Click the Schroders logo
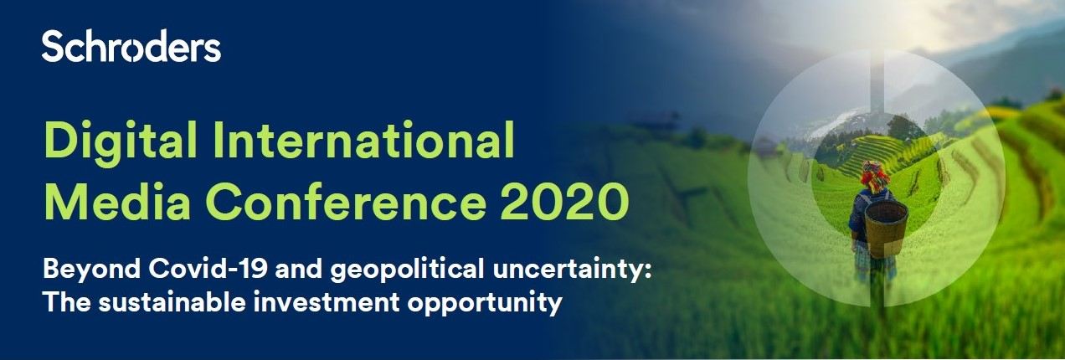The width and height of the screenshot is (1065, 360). click(131, 46)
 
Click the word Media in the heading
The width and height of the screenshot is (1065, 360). click(117, 202)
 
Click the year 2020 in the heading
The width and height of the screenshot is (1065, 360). click(564, 202)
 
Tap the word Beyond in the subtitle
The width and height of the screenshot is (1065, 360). click(92, 270)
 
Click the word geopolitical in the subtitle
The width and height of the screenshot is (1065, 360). click(407, 270)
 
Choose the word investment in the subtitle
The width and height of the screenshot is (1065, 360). click(327, 302)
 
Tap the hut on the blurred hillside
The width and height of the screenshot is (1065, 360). click(657, 120)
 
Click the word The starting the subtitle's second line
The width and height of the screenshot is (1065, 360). click(67, 302)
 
